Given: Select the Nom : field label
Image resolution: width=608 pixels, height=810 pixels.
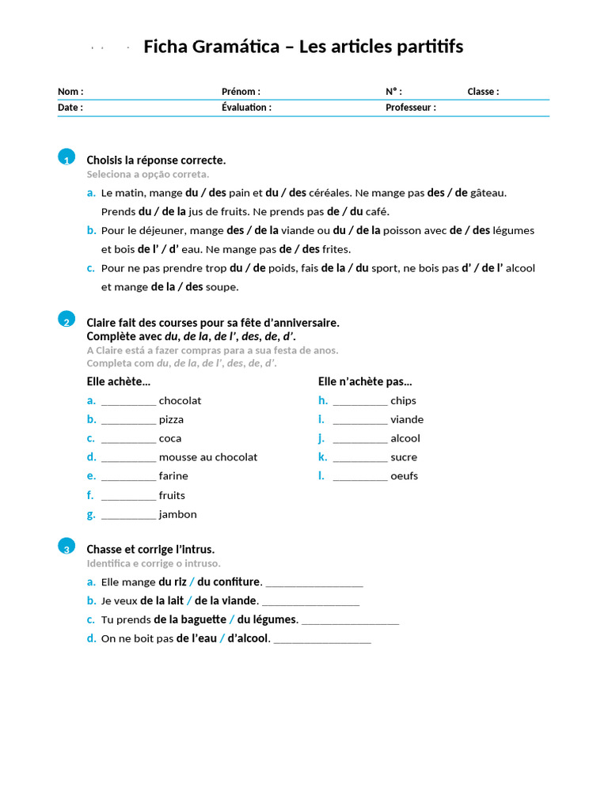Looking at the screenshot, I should coord(70,92).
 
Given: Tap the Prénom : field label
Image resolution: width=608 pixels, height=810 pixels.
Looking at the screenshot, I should coord(241,92).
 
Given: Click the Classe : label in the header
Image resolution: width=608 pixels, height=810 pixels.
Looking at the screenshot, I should coord(483,92).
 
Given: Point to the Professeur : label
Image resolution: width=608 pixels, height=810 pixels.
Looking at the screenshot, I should coord(410,108).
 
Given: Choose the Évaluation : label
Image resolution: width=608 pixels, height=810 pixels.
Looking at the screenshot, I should coord(246,108).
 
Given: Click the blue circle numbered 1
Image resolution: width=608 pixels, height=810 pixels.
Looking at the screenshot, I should coord(66,157).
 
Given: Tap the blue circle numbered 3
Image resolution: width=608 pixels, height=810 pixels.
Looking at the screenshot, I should coord(66,546).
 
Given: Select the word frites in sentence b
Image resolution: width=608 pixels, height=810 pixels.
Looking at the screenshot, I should coord(336,249).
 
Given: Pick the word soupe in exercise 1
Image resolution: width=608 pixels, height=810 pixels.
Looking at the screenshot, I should coord(222,287).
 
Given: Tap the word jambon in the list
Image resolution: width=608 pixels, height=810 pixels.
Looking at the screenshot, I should coord(178,514).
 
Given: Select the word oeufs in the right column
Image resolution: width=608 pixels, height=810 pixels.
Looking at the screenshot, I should coord(404,476).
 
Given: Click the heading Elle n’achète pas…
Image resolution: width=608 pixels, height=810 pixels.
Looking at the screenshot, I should coord(365,381).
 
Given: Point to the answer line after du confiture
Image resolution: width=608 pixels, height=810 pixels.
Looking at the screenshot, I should coord(313,584).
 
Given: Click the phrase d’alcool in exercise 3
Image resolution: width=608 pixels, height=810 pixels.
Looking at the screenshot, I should coord(249,638).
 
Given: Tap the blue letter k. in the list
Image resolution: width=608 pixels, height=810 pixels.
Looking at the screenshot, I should coord(322,457).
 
